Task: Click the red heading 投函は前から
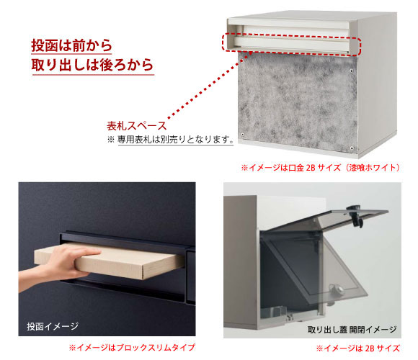click(x=71, y=45)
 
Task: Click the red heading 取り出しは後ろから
click(x=92, y=65)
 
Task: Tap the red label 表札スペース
click(x=136, y=126)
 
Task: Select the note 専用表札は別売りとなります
click(x=176, y=139)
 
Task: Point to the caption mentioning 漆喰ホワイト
click(x=321, y=168)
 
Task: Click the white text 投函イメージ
click(x=53, y=326)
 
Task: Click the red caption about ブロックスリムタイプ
click(x=132, y=347)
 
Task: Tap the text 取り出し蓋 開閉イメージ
click(x=352, y=329)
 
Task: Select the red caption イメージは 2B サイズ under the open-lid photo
click(x=358, y=348)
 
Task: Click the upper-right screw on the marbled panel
click(x=352, y=71)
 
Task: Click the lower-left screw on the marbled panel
click(x=242, y=135)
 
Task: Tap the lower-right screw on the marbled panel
click(x=352, y=148)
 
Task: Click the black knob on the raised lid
click(x=355, y=215)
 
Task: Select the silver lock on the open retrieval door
click(x=336, y=289)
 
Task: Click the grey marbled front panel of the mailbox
click(x=297, y=102)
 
